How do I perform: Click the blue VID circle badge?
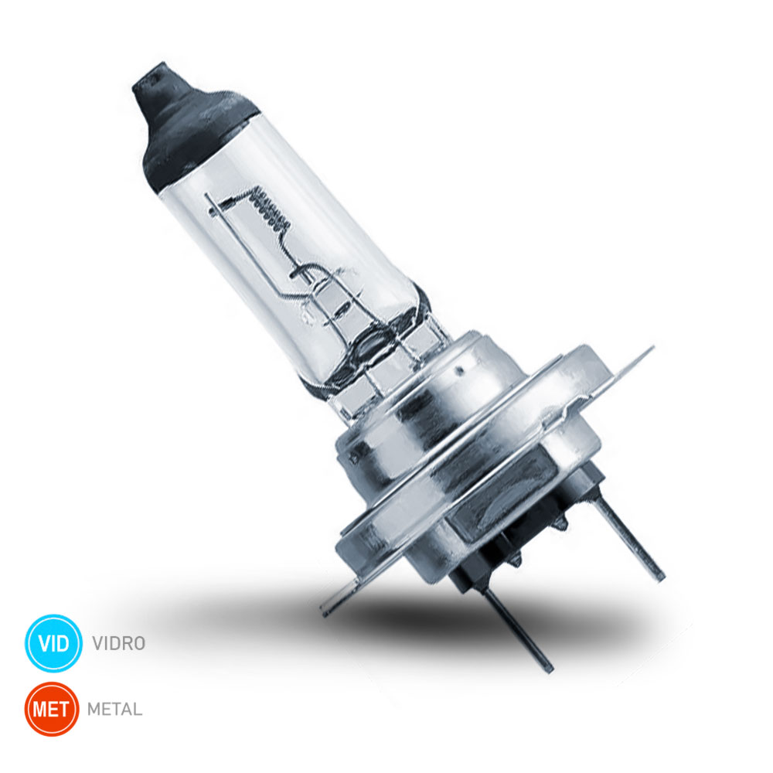tap(53, 643)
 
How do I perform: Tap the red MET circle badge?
tap(52, 709)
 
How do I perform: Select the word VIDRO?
tap(119, 643)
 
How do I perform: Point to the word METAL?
tap(115, 710)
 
